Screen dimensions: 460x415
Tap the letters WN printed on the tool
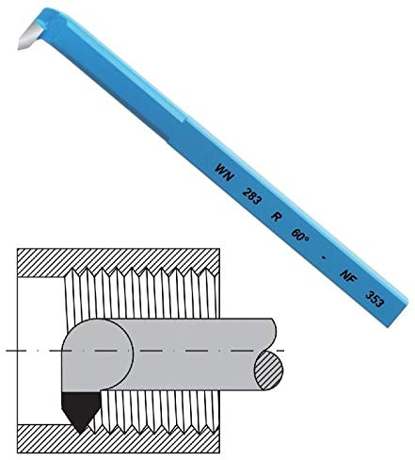pos(223,172)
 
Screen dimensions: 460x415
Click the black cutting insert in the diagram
pos(78,407)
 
